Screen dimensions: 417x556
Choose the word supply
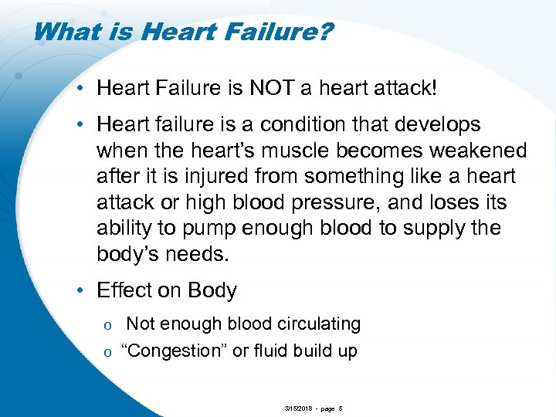tap(438, 229)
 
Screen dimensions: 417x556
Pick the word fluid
tap(272, 351)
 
